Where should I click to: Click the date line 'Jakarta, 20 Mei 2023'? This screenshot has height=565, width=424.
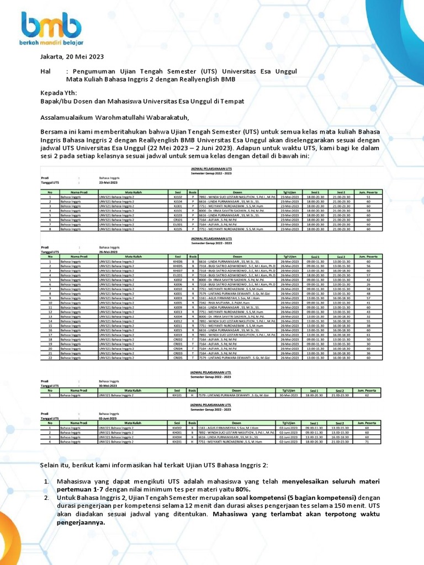[x=72, y=57]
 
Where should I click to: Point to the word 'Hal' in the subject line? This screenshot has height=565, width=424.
[x=45, y=71]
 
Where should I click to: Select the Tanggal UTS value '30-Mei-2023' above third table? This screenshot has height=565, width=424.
[x=109, y=386]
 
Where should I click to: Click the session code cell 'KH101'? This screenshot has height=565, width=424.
[x=178, y=395]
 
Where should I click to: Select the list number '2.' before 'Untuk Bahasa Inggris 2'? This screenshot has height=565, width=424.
[x=47, y=498]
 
